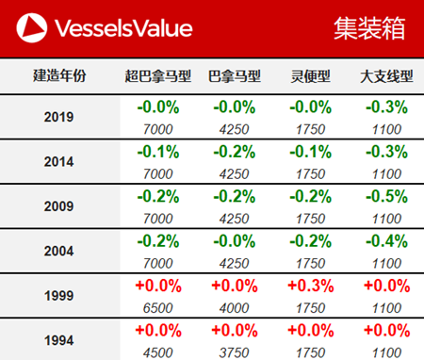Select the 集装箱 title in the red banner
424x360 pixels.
click(x=370, y=28)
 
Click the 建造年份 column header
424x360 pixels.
click(x=59, y=76)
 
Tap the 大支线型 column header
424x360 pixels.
click(x=383, y=76)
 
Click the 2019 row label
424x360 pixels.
click(x=59, y=117)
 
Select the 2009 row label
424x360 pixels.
click(x=59, y=205)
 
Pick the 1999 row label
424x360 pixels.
click(x=59, y=295)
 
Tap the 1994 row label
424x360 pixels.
click(x=59, y=339)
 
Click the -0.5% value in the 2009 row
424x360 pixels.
click(x=383, y=196)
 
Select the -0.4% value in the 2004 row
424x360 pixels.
click(x=383, y=240)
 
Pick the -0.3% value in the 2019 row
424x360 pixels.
click(x=383, y=106)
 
